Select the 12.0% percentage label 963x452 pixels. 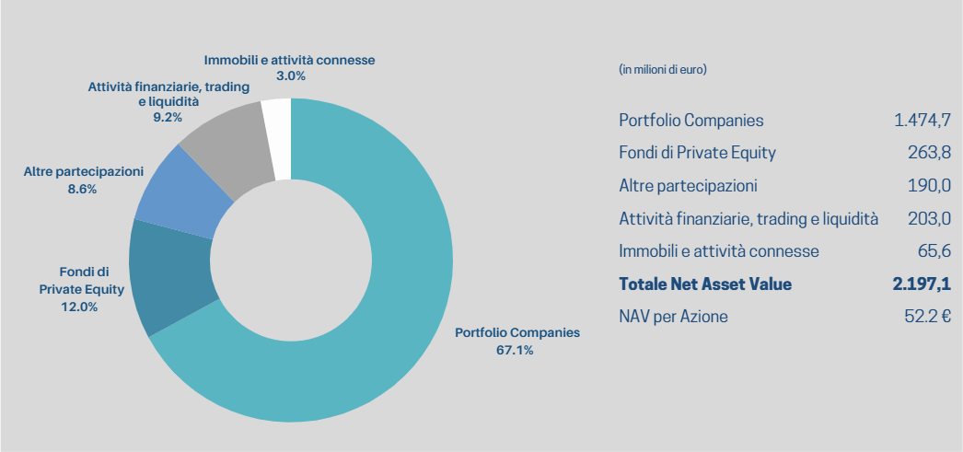pos(80,307)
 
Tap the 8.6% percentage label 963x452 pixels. pos(82,189)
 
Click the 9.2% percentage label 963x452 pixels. pos(167,117)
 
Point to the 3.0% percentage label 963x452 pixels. pos(290,75)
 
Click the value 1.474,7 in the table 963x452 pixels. pos(922,121)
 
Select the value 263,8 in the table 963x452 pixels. pos(929,153)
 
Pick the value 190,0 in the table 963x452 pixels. pos(929,186)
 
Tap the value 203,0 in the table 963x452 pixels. pos(929,219)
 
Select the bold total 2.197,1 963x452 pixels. pos(921,284)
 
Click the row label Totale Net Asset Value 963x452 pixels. pos(705,284)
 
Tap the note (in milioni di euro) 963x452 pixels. pos(663,69)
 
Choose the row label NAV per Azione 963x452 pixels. pos(673,317)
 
